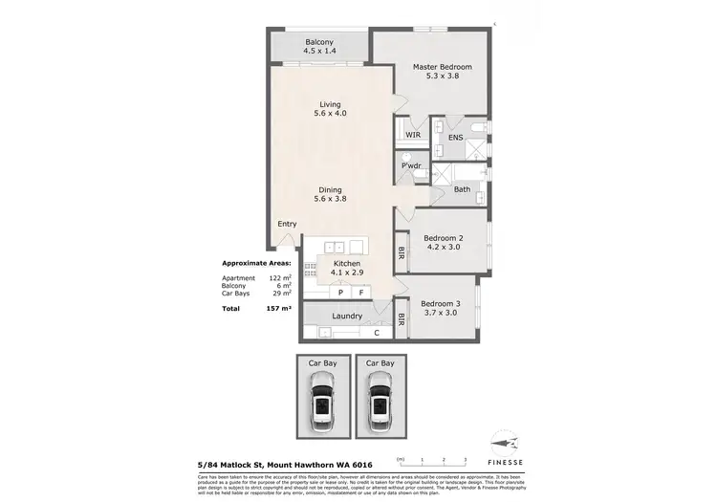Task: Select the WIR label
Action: point(413,136)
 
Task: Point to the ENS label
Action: point(455,138)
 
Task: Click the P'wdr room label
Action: point(411,166)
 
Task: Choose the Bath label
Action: point(462,189)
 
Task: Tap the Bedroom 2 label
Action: point(444,237)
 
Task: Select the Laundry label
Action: point(346,316)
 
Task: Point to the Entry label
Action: point(287,224)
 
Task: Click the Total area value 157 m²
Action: point(279,310)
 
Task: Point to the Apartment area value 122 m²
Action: point(279,278)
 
